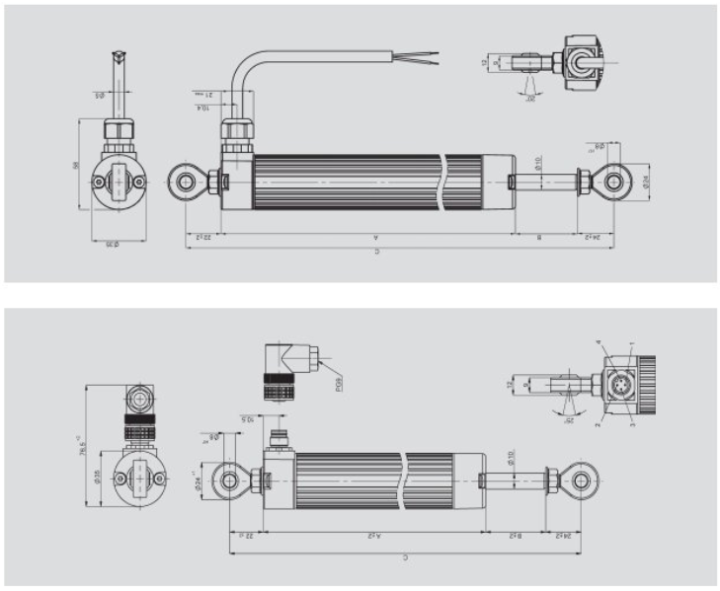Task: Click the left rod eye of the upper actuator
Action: click(x=185, y=182)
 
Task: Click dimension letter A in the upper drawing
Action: click(x=376, y=238)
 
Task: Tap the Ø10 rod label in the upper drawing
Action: click(x=539, y=160)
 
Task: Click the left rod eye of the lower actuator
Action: click(x=229, y=480)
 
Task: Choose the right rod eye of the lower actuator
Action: click(x=579, y=480)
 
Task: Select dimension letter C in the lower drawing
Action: click(x=405, y=557)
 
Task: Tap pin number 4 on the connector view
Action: click(x=599, y=342)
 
